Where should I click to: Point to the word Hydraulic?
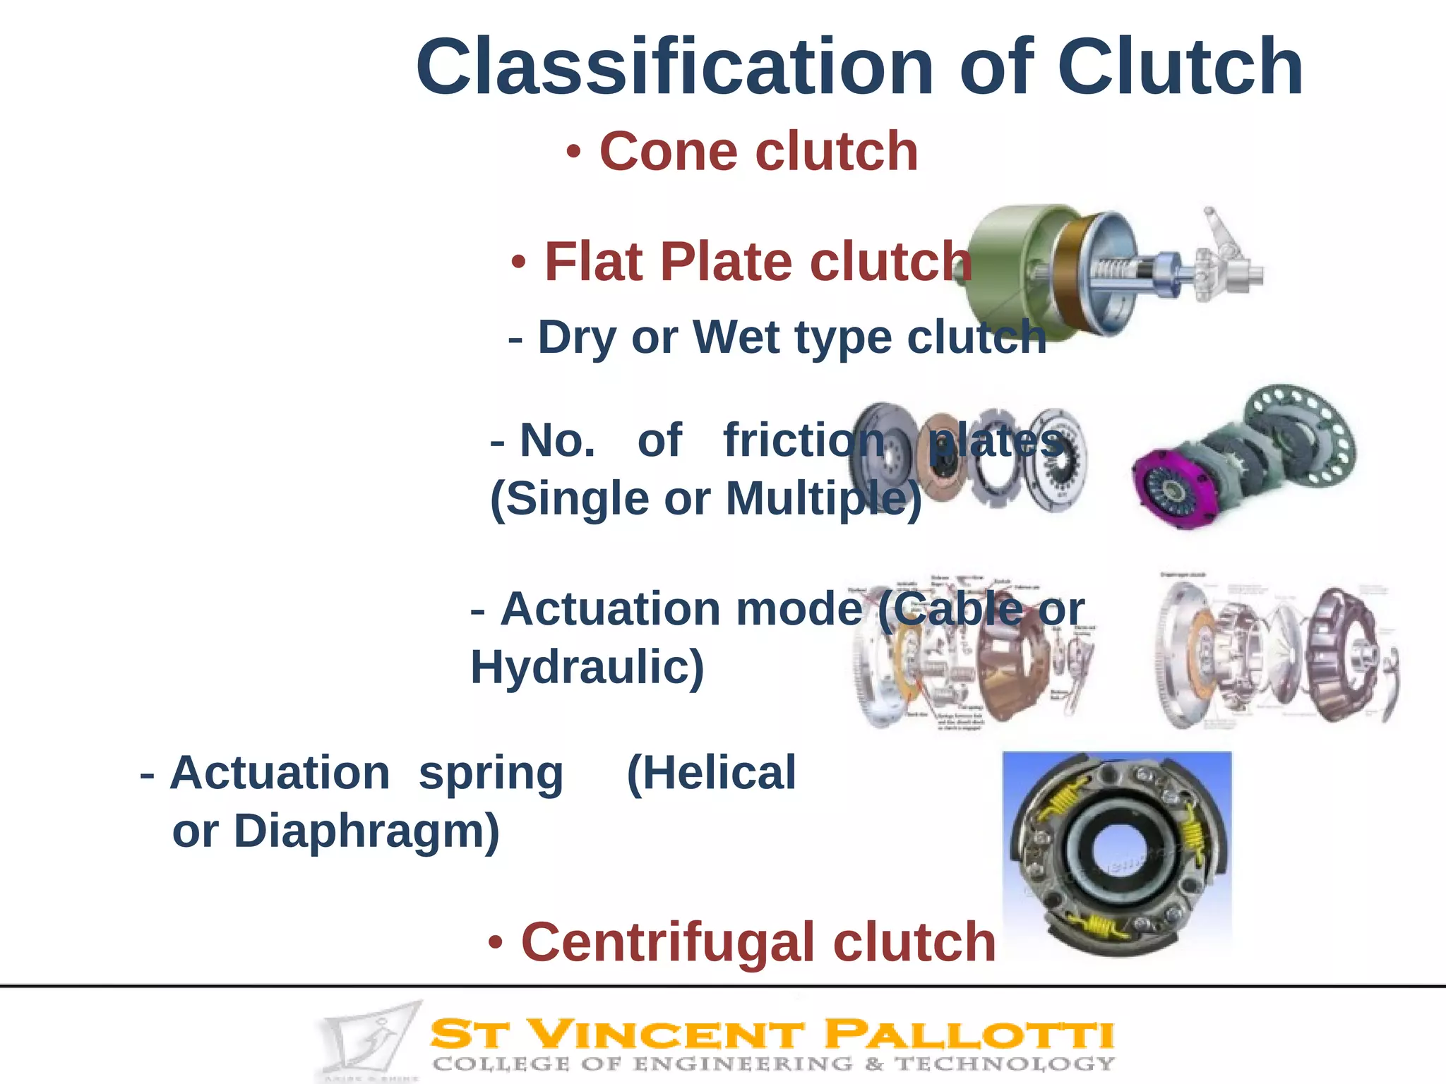[587, 667]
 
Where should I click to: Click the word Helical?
[712, 773]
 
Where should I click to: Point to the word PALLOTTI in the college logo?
[969, 1036]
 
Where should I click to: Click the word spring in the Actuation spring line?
[491, 773]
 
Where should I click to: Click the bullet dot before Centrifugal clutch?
[496, 942]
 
